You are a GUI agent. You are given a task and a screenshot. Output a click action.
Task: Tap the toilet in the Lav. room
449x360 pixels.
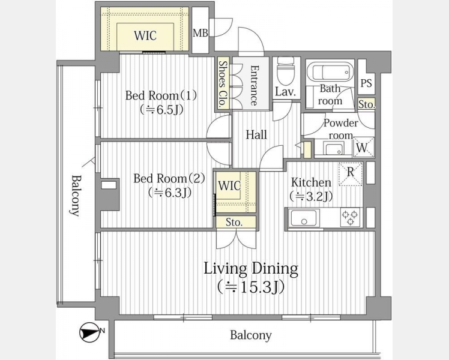[286, 70]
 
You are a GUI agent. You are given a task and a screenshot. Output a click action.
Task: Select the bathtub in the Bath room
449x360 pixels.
[330, 71]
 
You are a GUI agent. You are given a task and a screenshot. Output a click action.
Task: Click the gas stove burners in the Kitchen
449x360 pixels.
[350, 217]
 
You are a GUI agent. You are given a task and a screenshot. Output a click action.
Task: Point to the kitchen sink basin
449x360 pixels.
[304, 218]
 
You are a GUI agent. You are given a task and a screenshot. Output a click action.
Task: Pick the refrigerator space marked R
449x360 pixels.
[351, 174]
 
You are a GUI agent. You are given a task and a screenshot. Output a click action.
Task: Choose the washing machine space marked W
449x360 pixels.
[363, 148]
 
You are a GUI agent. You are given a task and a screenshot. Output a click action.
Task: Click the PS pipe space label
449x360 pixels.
[366, 83]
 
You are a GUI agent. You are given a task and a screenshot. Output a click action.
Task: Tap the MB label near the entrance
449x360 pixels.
[200, 33]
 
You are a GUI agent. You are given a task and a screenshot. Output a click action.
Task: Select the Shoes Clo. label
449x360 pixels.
[223, 85]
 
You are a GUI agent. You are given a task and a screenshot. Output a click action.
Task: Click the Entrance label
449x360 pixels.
[254, 85]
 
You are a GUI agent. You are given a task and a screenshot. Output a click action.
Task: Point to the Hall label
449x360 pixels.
[256, 134]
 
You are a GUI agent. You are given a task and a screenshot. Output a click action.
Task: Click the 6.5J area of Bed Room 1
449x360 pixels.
[161, 110]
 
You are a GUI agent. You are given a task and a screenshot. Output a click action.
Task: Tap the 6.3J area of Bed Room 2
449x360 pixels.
[169, 193]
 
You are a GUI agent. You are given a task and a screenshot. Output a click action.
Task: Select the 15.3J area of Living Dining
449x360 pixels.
[251, 287]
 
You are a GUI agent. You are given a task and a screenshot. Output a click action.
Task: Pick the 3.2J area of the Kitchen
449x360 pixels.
[311, 196]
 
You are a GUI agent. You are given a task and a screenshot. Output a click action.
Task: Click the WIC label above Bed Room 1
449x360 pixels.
[145, 35]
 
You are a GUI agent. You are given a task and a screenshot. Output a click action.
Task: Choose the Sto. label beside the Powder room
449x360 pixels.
[367, 104]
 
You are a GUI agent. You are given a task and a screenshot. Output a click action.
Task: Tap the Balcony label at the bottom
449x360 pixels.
[251, 335]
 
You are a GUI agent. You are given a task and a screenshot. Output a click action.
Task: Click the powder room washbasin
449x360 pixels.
[333, 148]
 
